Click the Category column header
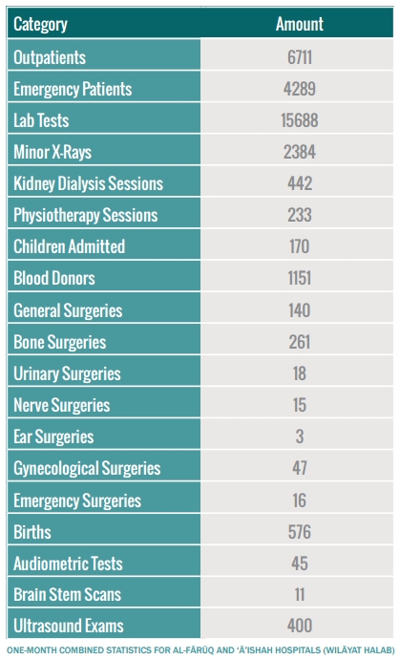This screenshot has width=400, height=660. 40,25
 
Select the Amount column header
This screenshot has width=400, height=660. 300,24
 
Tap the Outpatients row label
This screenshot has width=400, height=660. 50,57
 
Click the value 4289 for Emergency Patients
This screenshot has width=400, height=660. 300,89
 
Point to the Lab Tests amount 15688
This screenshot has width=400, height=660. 300,120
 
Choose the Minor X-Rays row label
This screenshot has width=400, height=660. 53,153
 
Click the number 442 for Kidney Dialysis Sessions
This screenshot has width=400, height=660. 300,183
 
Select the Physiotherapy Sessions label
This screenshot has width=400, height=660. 86,215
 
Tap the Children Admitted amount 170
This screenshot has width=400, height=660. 300,246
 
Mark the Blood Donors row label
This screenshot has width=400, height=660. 54,278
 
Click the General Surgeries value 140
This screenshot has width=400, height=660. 300,310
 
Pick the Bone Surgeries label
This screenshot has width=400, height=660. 60,342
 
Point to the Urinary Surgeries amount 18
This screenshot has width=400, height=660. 300,373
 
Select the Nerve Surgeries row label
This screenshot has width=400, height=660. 62,405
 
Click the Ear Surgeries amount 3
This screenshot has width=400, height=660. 300,436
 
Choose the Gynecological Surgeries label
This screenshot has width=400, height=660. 87,468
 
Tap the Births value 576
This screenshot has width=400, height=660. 300,532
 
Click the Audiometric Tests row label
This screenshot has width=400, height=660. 68,564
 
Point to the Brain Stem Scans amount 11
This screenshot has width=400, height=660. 300,595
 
